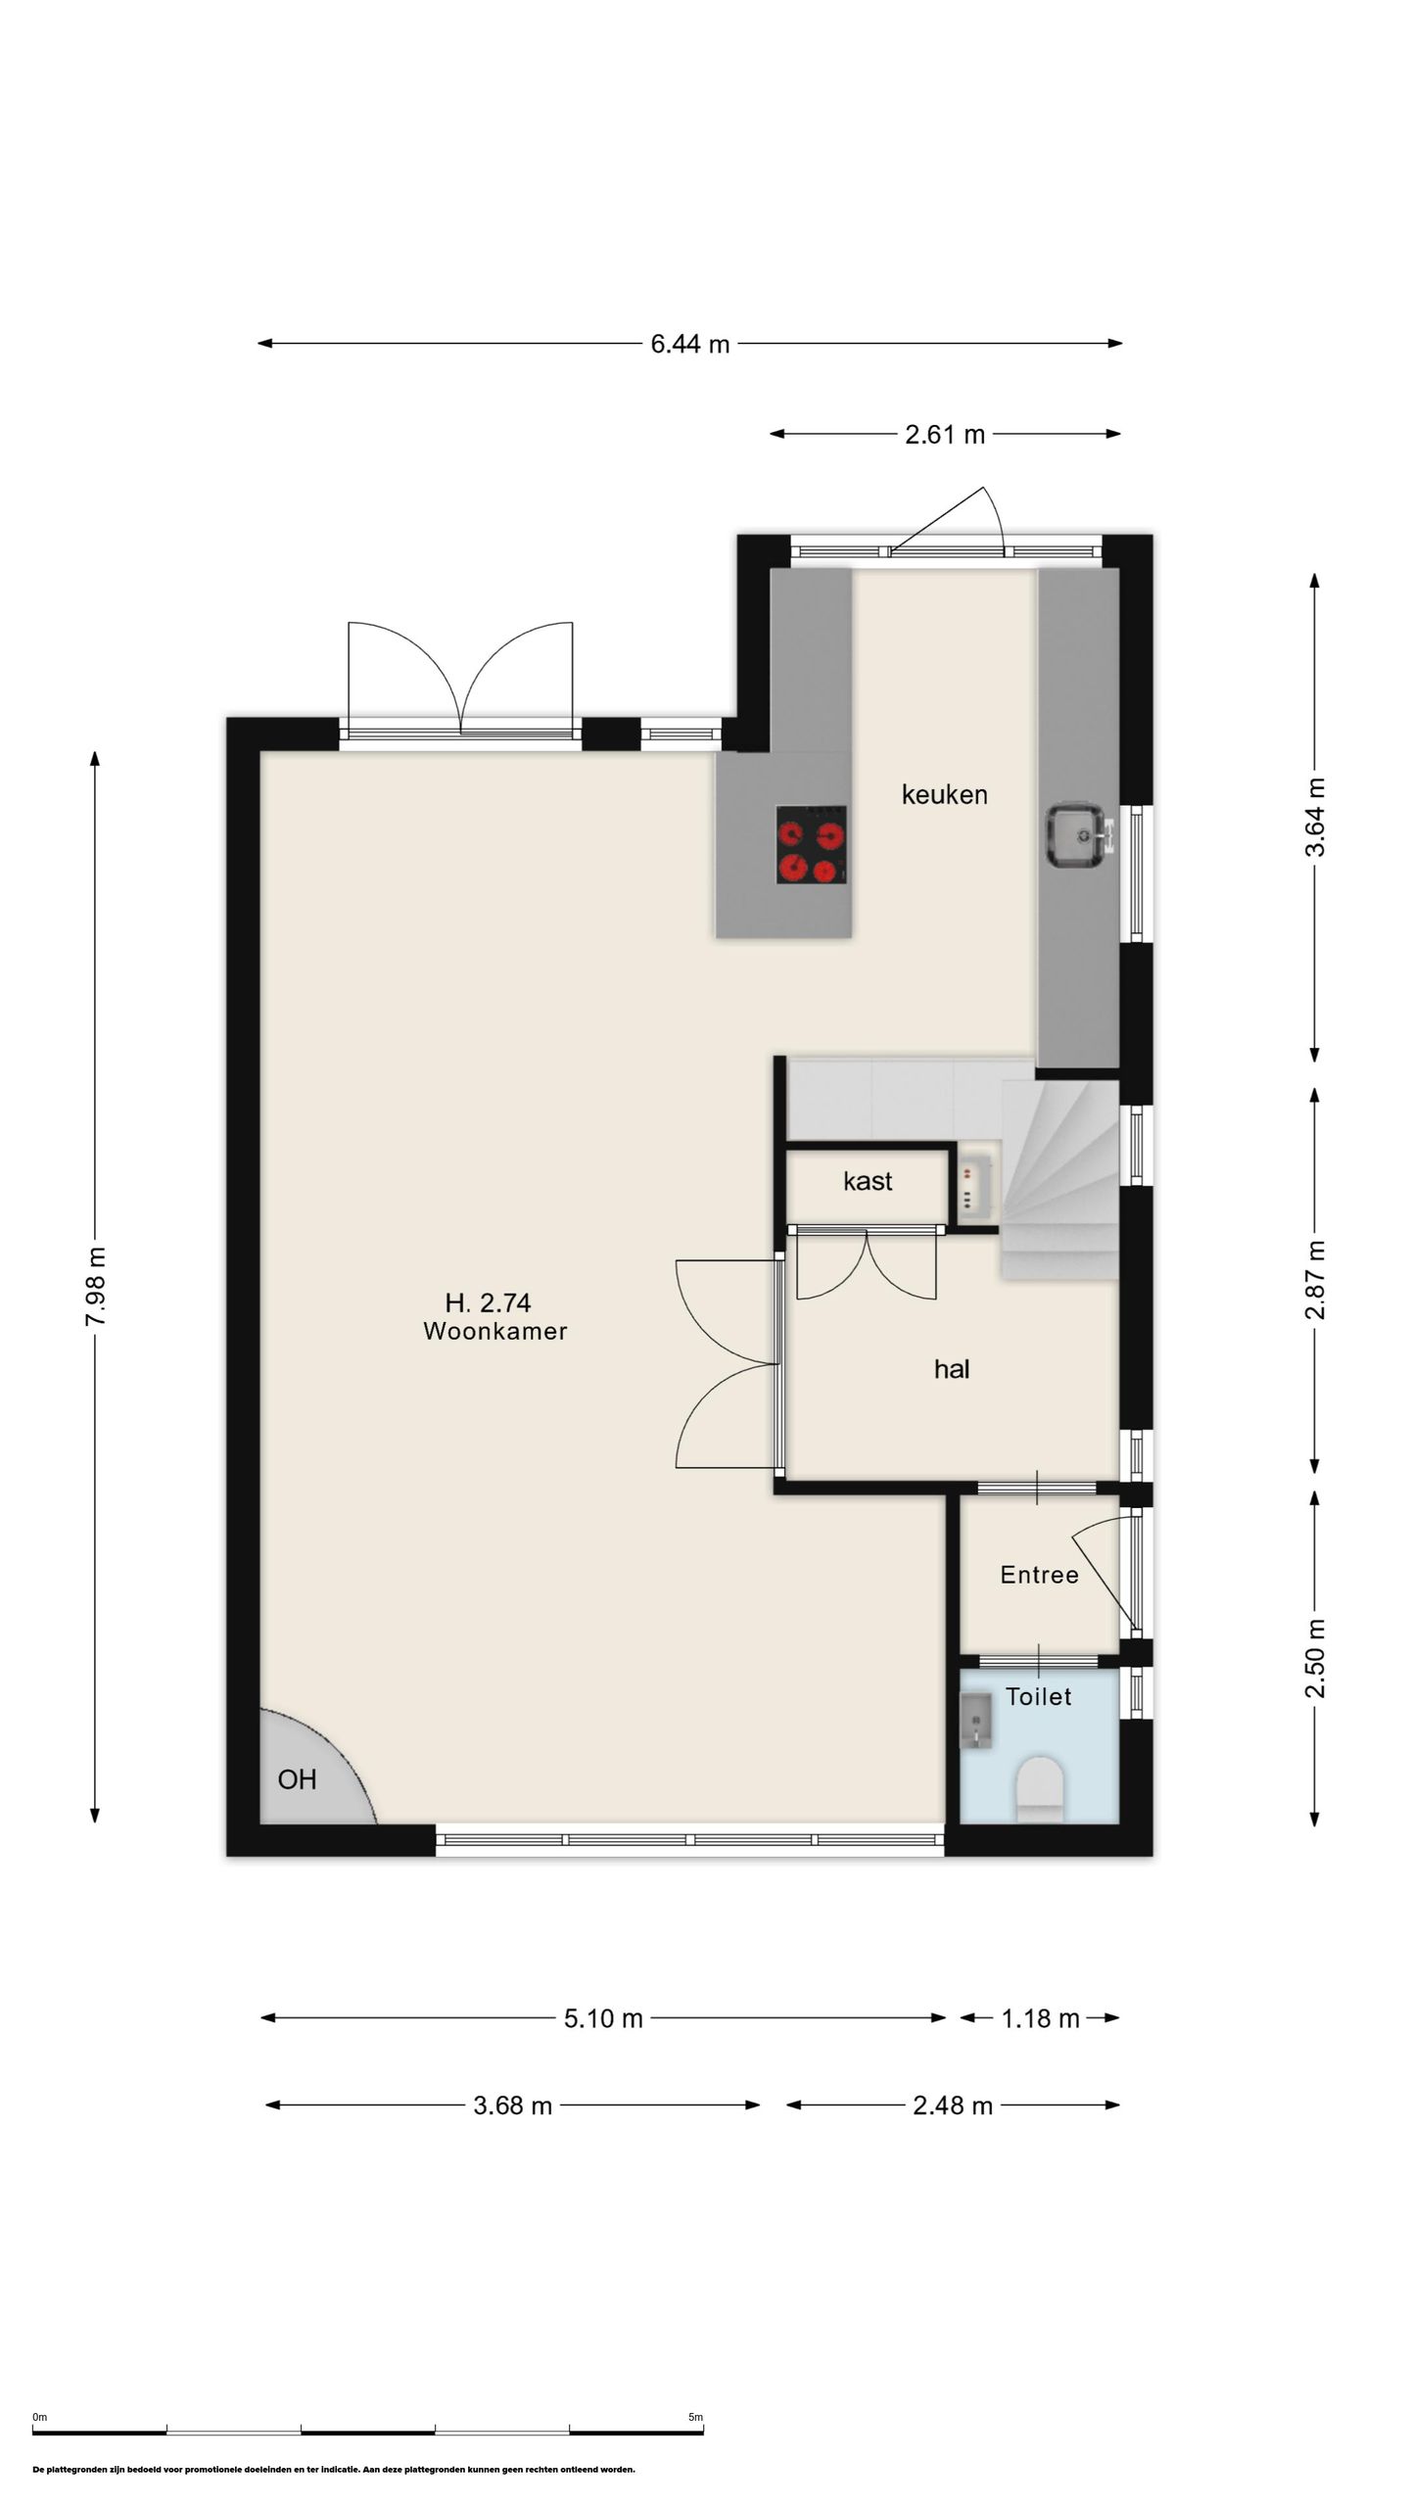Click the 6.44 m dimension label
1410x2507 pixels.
690,345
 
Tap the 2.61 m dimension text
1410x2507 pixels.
945,435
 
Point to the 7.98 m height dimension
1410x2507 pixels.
96,1287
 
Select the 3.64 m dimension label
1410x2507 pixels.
1315,818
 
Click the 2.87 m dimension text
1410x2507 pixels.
1315,1280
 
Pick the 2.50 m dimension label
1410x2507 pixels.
1315,1658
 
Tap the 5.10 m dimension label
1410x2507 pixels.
603,2018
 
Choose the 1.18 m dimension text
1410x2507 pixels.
1040,2018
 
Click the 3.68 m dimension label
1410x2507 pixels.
513,2105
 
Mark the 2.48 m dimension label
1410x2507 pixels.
953,2105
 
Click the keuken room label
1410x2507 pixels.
945,794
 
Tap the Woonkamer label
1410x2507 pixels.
495,1331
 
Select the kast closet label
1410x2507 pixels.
868,1181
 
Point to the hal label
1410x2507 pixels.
952,1369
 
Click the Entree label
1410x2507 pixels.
1040,1575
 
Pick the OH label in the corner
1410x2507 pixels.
298,1779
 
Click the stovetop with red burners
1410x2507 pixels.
812,844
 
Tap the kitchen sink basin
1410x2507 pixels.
1079,835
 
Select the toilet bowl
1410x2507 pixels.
1040,1788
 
